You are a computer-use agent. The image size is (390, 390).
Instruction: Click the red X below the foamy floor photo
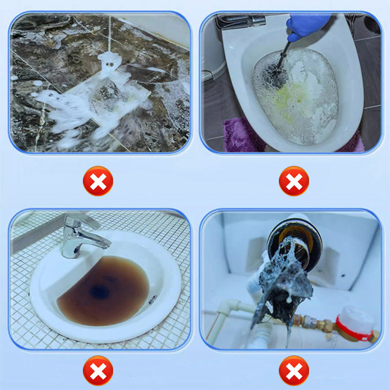pyautogui.click(x=98, y=181)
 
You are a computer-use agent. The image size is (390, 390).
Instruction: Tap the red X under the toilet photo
pyautogui.click(x=293, y=181)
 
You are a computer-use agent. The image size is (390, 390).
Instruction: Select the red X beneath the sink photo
pyautogui.click(x=98, y=370)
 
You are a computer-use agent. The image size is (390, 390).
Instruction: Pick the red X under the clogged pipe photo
pyautogui.click(x=293, y=370)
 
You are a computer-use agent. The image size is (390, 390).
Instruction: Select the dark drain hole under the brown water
pyautogui.click(x=100, y=292)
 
